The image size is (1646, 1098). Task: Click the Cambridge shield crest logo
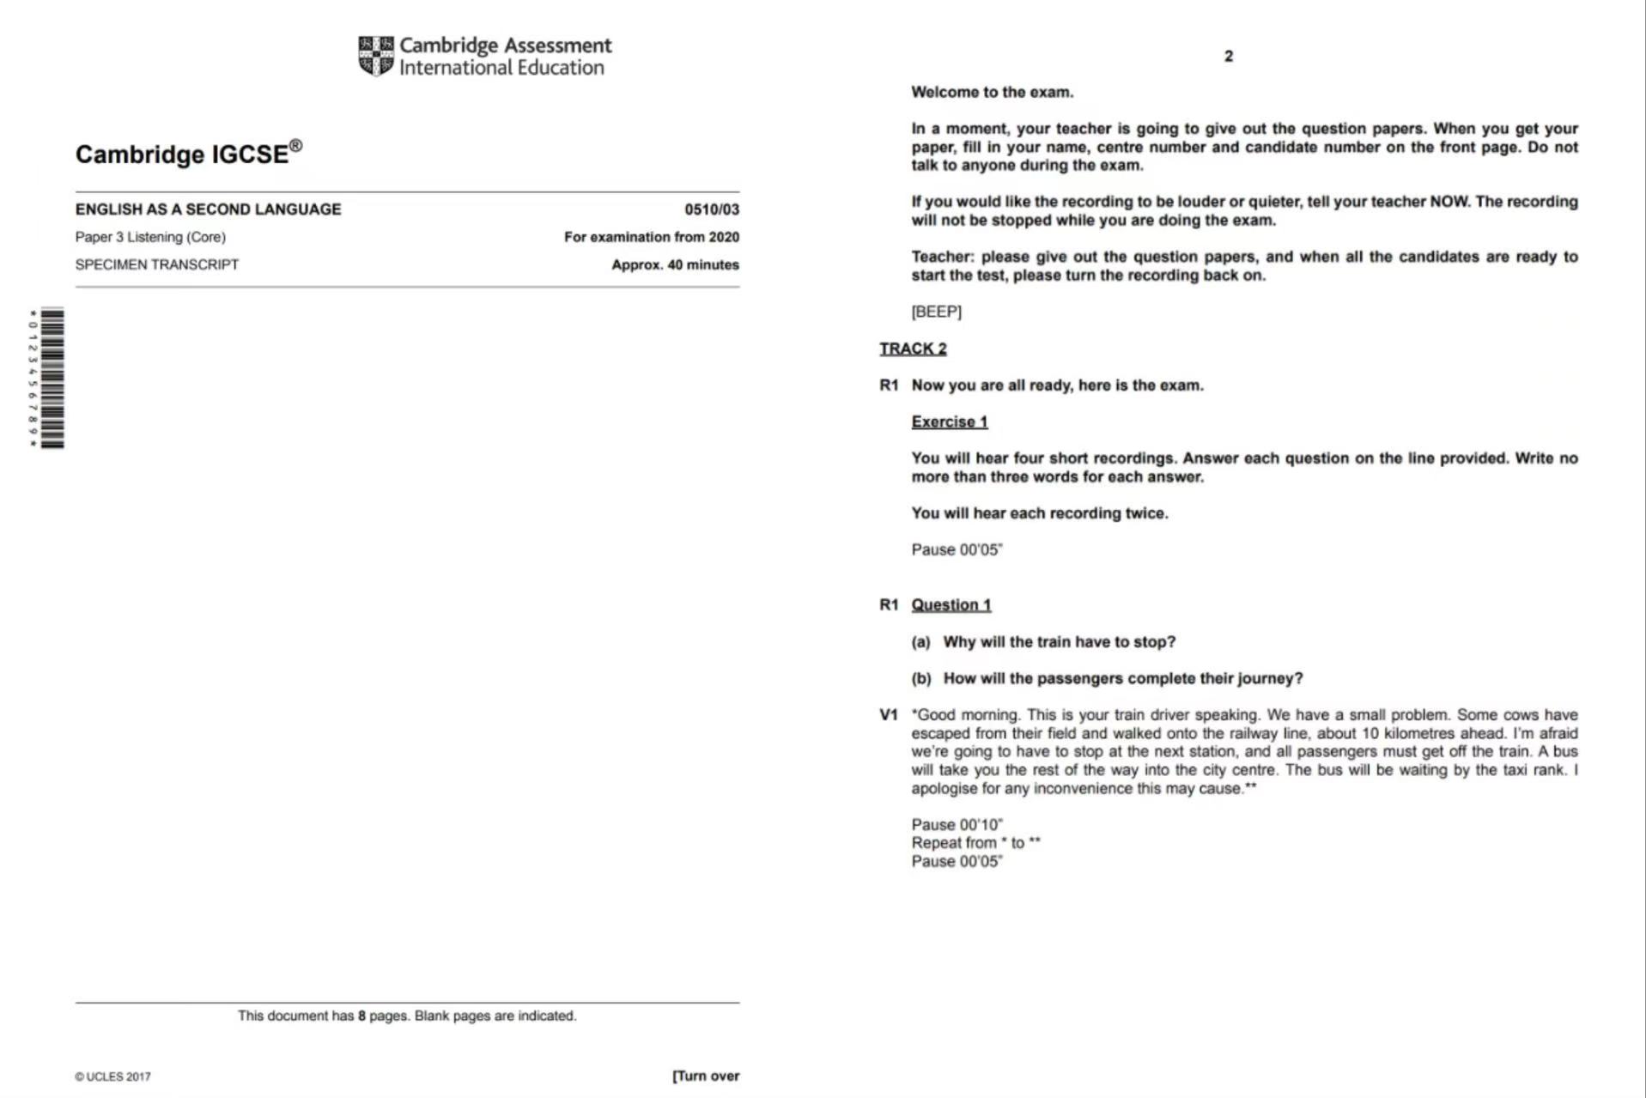[376, 56]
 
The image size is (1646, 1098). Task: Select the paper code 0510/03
[711, 209]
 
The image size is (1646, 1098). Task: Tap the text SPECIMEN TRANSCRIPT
[157, 264]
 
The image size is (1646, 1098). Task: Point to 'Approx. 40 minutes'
[675, 264]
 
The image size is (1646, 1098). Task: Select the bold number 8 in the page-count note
[362, 1016]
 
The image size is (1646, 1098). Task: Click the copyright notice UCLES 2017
[112, 1077]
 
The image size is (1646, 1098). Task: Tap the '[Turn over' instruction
[706, 1076]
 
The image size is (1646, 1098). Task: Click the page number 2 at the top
[1228, 56]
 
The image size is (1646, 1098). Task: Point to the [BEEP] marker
[936, 312]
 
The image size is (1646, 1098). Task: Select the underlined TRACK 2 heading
[913, 349]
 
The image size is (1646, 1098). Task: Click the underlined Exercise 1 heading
[949, 422]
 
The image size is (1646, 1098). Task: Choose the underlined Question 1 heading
[951, 604]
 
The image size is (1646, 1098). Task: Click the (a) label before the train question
[920, 641]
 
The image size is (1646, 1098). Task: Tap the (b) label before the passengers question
[920, 678]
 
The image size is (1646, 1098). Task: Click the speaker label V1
[888, 714]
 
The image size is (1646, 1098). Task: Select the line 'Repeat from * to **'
[975, 843]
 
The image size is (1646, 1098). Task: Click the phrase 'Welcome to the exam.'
[992, 92]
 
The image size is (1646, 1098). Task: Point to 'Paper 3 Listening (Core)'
[150, 237]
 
